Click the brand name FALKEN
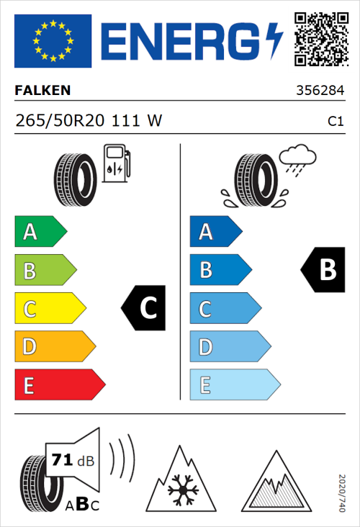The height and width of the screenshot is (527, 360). coord(42,91)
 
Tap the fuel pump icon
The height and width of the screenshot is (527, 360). coord(115,163)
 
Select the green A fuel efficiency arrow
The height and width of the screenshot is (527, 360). coord(40,232)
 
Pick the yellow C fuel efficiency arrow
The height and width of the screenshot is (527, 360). coord(49,309)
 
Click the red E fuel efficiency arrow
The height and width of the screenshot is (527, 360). coord(59,385)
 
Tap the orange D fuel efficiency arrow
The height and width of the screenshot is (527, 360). coord(54,347)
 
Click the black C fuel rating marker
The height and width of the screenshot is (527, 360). coord(145,308)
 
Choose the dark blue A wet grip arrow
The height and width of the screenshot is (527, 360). coord(215,232)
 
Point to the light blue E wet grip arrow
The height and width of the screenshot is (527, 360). coord(234,385)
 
